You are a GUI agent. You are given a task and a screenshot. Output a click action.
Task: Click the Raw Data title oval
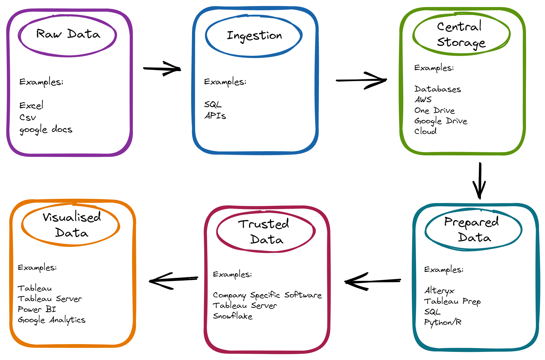(x=67, y=35)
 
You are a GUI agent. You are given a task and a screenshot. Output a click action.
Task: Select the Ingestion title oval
(x=254, y=36)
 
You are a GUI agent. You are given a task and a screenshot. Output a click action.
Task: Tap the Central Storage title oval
(x=461, y=34)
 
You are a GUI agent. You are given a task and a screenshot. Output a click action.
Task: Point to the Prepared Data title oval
(x=473, y=229)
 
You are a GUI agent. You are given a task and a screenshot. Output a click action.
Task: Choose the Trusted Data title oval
(x=266, y=231)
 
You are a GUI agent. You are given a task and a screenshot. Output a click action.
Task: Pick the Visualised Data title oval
(x=71, y=225)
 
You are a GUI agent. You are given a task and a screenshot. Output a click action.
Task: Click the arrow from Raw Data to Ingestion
(x=162, y=69)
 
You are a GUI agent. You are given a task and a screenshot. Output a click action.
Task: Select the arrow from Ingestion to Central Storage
(x=362, y=80)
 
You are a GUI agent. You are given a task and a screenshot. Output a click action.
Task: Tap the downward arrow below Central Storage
(x=480, y=181)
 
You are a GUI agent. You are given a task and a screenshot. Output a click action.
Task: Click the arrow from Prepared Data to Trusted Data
(x=373, y=281)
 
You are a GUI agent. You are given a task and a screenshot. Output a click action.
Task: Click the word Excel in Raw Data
(x=31, y=105)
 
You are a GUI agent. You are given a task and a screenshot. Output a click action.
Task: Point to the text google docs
(x=46, y=130)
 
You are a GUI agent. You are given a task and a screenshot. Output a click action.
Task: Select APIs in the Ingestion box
(x=215, y=116)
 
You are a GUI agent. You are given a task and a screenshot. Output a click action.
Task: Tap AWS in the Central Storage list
(x=423, y=99)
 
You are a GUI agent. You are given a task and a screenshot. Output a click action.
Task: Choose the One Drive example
(x=435, y=111)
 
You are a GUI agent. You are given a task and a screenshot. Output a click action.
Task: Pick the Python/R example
(x=443, y=322)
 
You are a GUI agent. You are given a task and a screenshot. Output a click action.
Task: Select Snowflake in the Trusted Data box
(x=233, y=316)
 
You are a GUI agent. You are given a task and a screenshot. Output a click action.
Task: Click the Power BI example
(x=37, y=309)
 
